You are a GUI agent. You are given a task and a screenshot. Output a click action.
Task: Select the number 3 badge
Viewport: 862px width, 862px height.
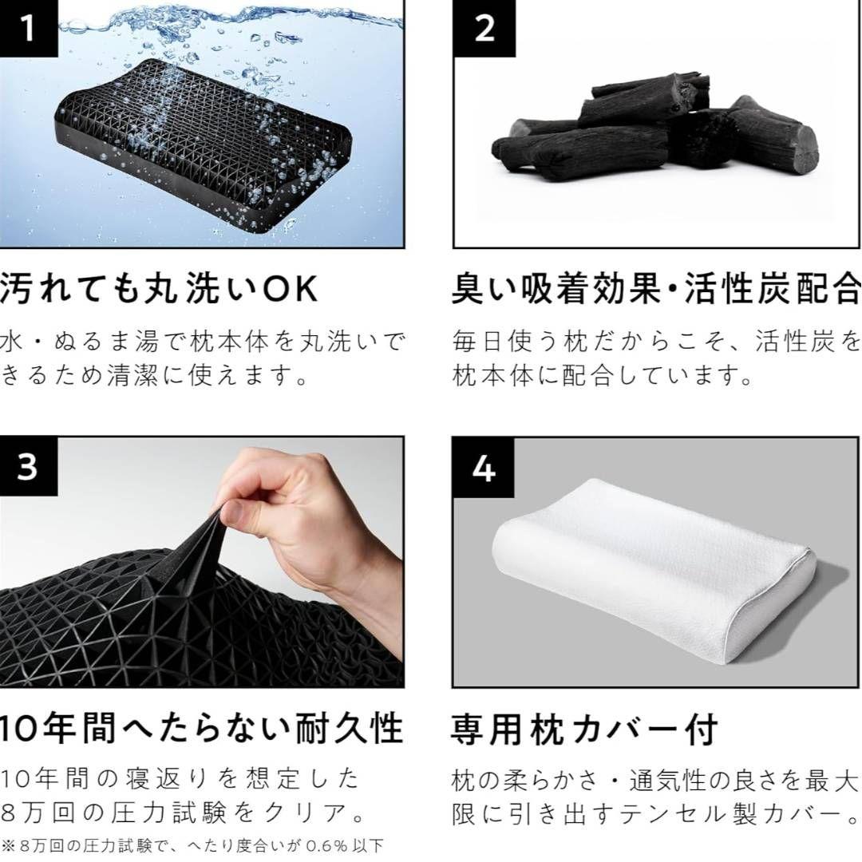pyautogui.click(x=28, y=467)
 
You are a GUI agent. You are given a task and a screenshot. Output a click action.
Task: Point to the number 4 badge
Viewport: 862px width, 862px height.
pyautogui.click(x=484, y=469)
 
